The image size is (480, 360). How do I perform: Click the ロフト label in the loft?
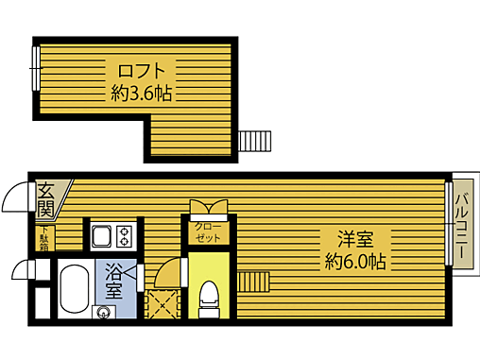point(142,71)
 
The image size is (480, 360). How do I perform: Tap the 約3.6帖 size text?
point(142,94)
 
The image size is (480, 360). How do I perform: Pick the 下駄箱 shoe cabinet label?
point(44,239)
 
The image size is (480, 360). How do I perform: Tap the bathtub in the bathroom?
point(73,292)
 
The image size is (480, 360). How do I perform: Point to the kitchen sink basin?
point(101,234)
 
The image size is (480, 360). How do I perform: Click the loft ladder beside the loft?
point(254,141)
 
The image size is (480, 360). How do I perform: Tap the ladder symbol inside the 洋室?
point(255,282)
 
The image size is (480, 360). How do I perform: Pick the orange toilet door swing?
point(167,275)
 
